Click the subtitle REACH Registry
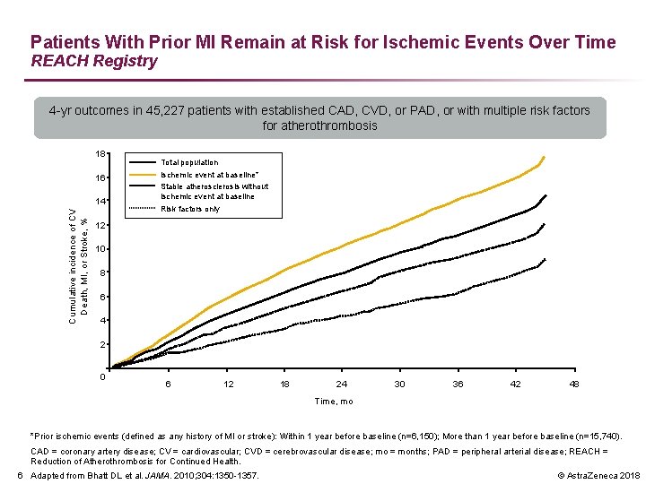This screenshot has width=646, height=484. click(94, 61)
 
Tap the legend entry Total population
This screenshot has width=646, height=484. click(189, 162)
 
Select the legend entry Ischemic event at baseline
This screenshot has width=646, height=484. click(210, 175)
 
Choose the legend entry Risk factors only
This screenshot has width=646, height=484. click(190, 209)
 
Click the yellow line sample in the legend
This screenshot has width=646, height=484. click(143, 175)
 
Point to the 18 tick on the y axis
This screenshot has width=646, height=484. click(100, 154)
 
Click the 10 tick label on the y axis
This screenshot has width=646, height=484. click(100, 249)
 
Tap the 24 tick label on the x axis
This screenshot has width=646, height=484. click(342, 384)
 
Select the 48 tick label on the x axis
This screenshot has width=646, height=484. click(574, 384)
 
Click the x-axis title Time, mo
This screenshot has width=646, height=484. click(334, 402)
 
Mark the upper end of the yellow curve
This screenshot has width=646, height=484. click(545, 157)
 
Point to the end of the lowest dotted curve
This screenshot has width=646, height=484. click(546, 259)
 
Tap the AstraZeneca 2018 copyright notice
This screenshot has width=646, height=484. click(598, 476)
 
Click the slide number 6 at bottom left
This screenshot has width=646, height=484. click(20, 476)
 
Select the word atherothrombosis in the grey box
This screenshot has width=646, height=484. click(328, 125)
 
